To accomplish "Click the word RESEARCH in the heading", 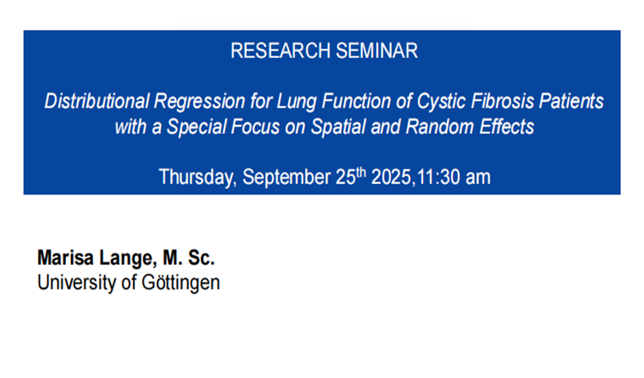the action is [280, 51].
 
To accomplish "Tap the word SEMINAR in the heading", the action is [377, 51].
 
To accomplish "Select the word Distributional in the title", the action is [97, 101].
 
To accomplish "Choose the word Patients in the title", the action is [571, 101].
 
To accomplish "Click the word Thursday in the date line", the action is [198, 177].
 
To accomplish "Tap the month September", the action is [287, 177].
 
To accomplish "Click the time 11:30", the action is [438, 177].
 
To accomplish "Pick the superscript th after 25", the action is [361, 172].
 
